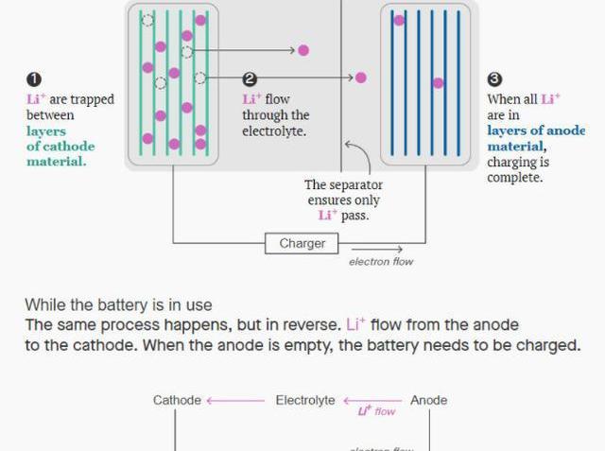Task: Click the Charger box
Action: point(302,243)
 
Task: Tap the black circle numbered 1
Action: point(34,80)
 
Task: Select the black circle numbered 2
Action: point(250,80)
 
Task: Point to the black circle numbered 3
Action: point(494,80)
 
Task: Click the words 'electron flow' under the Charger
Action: point(381,262)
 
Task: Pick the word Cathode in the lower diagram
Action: point(177,401)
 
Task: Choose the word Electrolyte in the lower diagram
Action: point(305,401)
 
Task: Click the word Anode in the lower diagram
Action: point(429,401)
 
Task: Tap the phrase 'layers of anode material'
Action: point(536,138)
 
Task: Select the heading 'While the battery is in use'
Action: point(118,304)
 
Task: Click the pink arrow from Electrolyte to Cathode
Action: point(235,401)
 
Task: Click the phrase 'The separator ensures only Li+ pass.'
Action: point(343,200)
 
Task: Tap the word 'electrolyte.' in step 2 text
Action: point(274,131)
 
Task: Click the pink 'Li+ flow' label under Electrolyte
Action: point(376,411)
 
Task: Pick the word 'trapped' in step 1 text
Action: point(94,99)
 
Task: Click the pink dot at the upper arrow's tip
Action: point(303,50)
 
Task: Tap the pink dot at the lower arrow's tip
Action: point(360,78)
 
